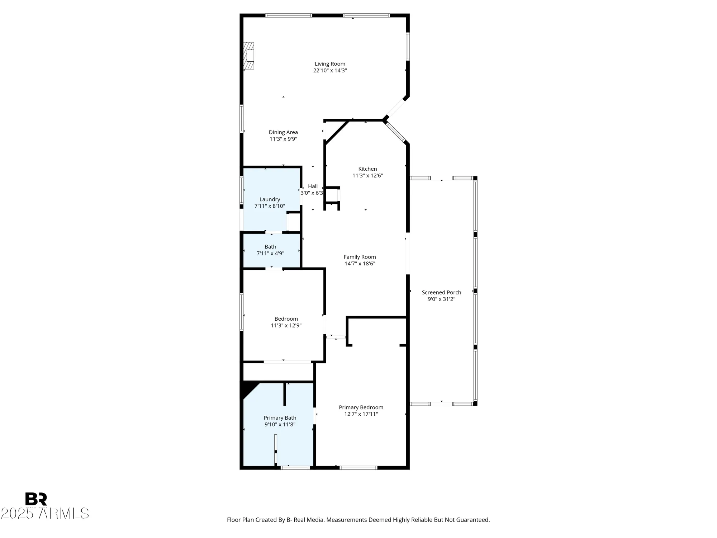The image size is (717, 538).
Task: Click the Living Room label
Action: [330, 64]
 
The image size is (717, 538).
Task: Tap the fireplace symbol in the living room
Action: [249, 56]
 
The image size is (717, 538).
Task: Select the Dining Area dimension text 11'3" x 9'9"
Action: [283, 139]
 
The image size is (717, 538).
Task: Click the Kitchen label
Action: [367, 169]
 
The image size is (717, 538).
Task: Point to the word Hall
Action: [313, 186]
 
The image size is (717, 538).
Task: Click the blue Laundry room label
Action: [270, 199]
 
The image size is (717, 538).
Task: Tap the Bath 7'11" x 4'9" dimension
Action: [270, 254]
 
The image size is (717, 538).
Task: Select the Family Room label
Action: [360, 257]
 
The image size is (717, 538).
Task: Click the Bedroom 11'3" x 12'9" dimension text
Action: [286, 326]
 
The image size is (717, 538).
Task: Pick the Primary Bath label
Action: [280, 418]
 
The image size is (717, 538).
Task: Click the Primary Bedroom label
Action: [361, 407]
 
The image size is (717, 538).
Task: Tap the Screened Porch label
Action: [441, 292]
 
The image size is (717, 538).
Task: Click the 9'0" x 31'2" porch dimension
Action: [441, 299]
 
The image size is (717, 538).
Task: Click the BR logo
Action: [36, 499]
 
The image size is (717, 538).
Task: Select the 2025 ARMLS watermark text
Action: [45, 514]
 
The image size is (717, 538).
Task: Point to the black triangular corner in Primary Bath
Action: [248, 389]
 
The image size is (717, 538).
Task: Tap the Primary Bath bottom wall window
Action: [295, 468]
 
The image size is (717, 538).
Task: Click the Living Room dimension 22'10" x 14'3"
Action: [330, 71]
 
